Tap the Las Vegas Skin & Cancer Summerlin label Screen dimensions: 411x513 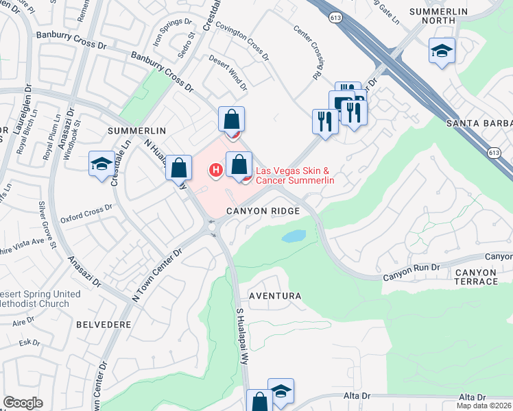point(294,175)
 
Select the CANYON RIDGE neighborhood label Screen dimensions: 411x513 point(264,211)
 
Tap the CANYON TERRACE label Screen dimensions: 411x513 point(475,277)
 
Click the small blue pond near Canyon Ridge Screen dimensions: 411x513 point(293,237)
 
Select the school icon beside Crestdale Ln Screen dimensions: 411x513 point(102,164)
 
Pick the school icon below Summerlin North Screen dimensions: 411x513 point(442,51)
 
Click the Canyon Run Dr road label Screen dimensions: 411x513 point(410,272)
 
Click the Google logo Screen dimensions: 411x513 point(23,403)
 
